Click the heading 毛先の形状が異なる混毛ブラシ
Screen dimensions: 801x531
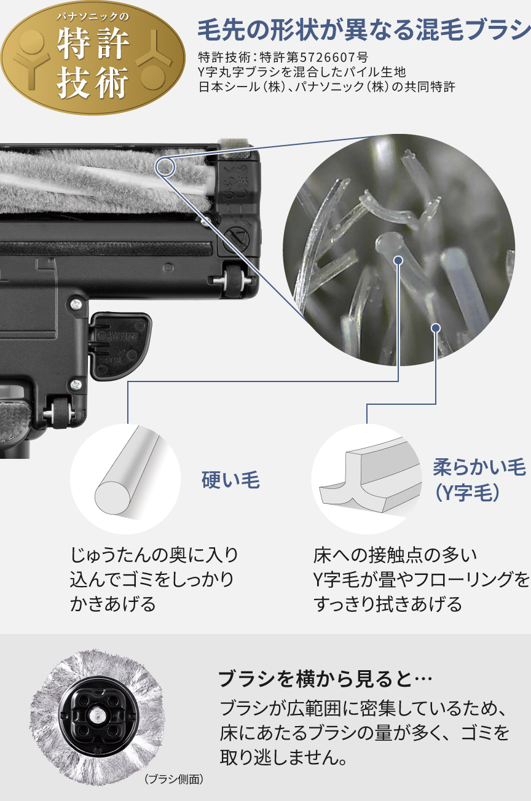(363, 29)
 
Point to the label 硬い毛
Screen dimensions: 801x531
(230, 480)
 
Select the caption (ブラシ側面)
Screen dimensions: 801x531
(173, 779)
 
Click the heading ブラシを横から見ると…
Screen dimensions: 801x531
(325, 679)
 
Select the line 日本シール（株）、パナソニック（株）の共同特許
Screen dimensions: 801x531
(326, 87)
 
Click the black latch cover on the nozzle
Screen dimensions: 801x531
(120, 344)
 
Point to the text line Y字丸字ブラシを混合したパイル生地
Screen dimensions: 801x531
(302, 72)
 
